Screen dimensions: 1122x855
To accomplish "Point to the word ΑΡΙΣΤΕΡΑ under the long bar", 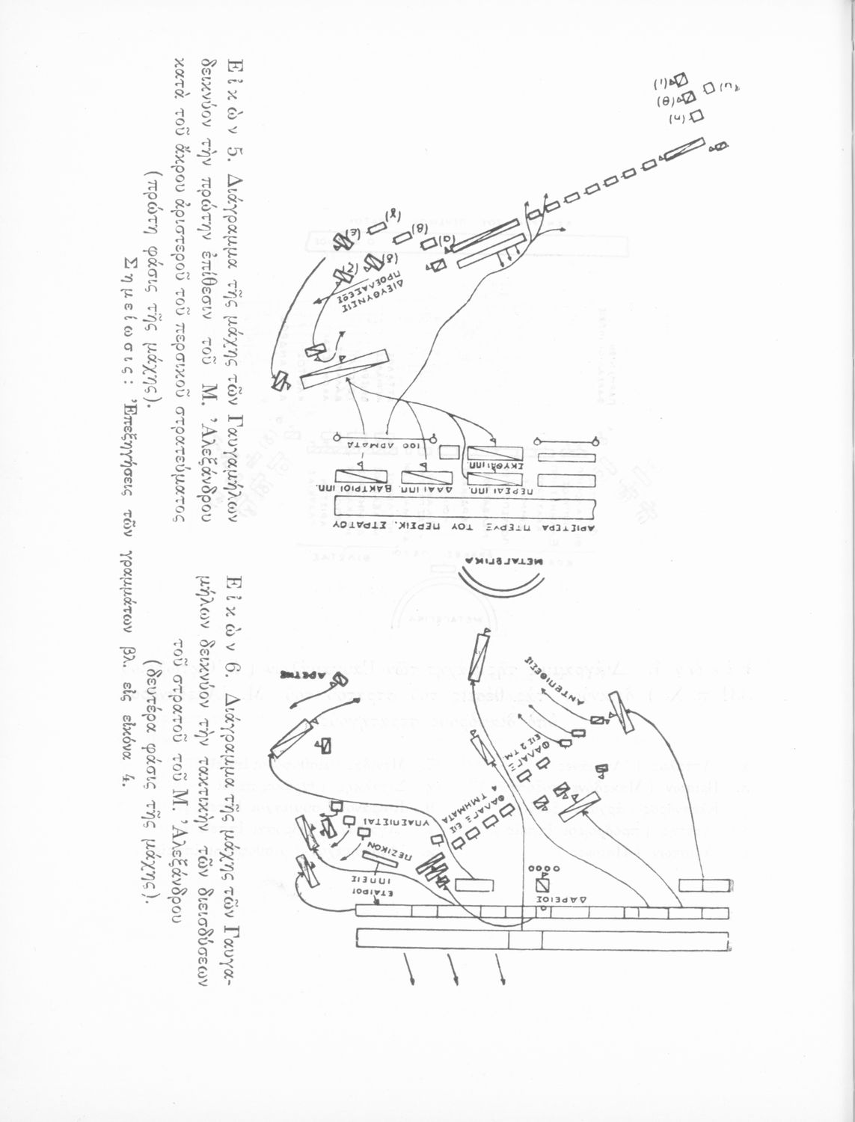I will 569,527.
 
